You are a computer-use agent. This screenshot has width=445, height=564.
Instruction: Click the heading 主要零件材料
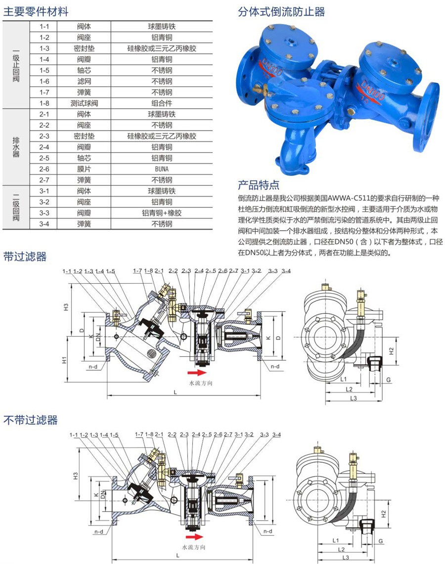(36, 12)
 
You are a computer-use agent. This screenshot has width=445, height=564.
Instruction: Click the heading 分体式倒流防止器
(281, 11)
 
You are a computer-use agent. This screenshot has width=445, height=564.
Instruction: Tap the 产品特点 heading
(259, 185)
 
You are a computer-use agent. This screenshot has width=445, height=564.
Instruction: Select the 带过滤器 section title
(25, 257)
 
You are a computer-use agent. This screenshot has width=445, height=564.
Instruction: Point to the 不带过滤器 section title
(31, 420)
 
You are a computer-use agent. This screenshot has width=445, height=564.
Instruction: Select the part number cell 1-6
(44, 81)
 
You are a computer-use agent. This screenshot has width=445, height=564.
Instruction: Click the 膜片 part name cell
(84, 169)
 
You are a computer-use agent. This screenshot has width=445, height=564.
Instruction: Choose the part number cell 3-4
(44, 224)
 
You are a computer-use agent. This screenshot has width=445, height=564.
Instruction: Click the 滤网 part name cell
(84, 81)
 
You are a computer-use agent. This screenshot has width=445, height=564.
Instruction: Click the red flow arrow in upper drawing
(197, 372)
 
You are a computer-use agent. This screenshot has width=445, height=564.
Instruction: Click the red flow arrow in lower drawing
(194, 536)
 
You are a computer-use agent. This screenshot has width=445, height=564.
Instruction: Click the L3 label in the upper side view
(354, 398)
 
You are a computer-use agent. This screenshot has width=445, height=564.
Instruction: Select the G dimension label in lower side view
(381, 542)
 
